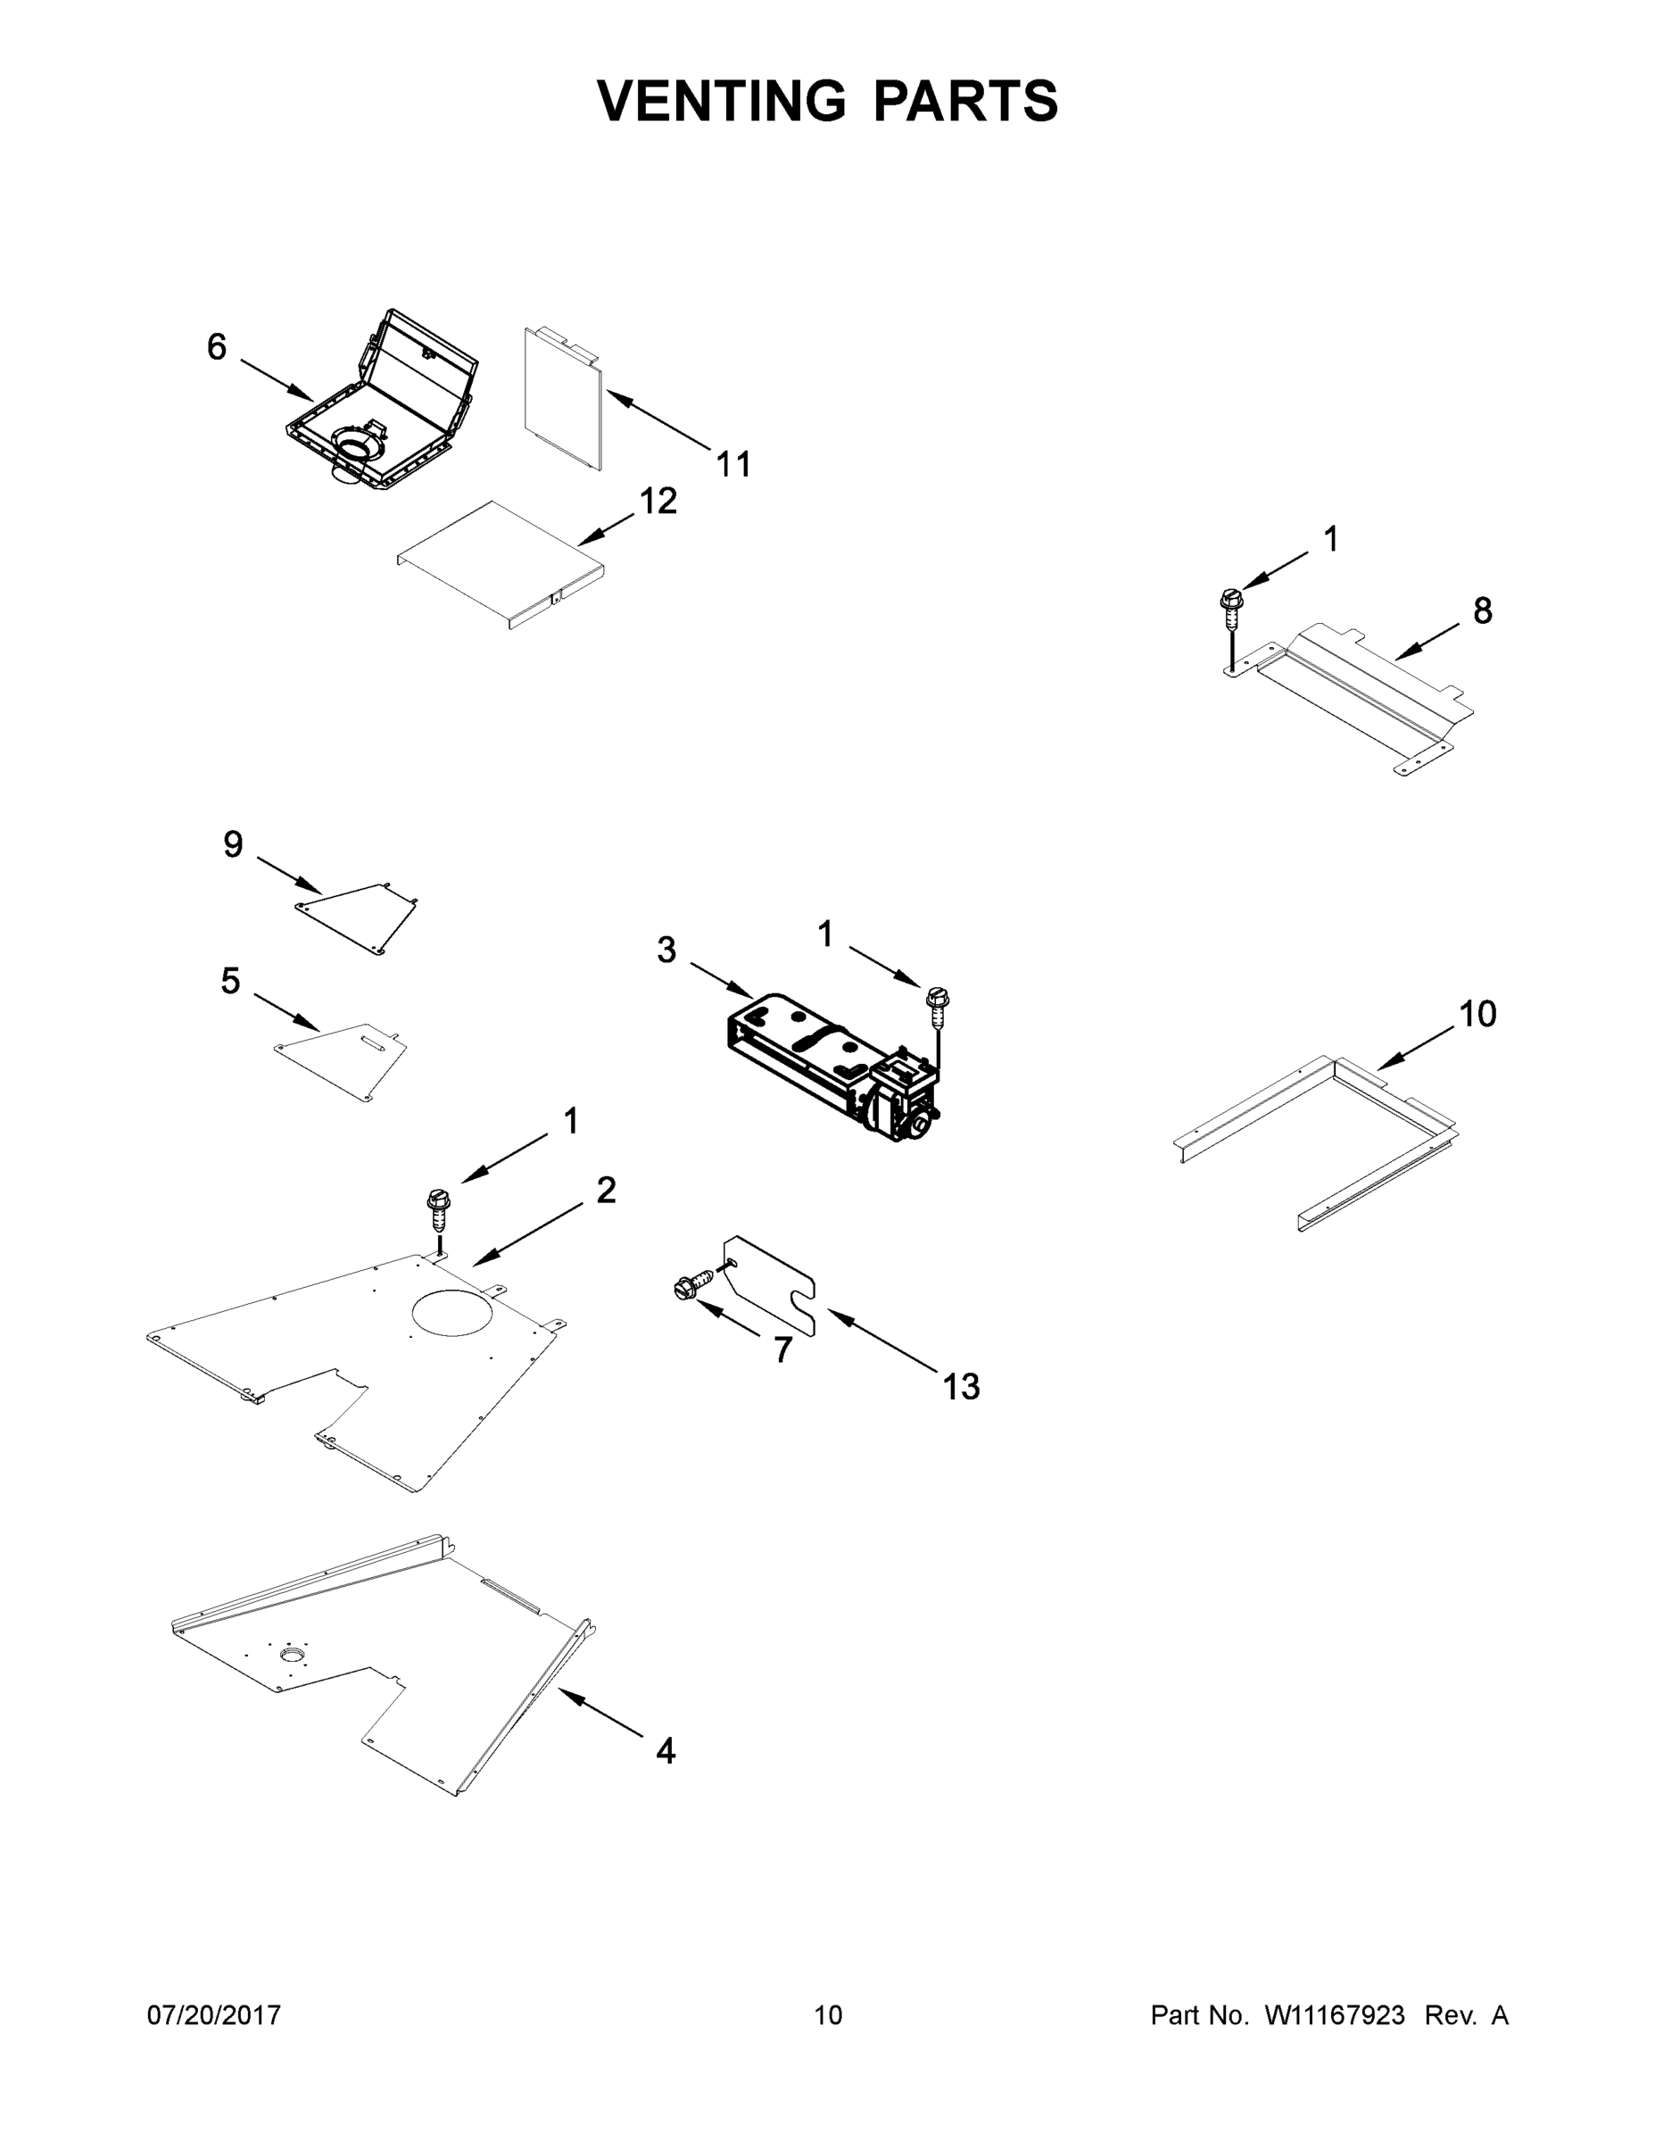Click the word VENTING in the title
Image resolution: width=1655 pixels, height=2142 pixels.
pos(722,101)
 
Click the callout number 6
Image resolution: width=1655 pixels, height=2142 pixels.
pos(217,347)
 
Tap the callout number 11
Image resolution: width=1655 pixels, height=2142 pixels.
pos(733,464)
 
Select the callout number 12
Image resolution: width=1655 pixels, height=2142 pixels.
pos(658,502)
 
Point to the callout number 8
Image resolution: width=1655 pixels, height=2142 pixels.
pos(1483,611)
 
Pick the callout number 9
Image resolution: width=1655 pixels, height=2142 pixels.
pos(232,844)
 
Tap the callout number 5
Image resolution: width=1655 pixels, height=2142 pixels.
pos(230,981)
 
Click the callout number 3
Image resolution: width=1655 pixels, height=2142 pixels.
pos(666,951)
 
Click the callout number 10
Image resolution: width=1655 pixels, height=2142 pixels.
pos(1477,1014)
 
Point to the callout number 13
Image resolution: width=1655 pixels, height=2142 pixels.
pos(961,1387)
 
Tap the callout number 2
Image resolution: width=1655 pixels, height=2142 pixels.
pos(606,1191)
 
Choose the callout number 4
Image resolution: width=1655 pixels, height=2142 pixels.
pos(666,1751)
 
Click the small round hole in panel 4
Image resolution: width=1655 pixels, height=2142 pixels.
pos(292,1656)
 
